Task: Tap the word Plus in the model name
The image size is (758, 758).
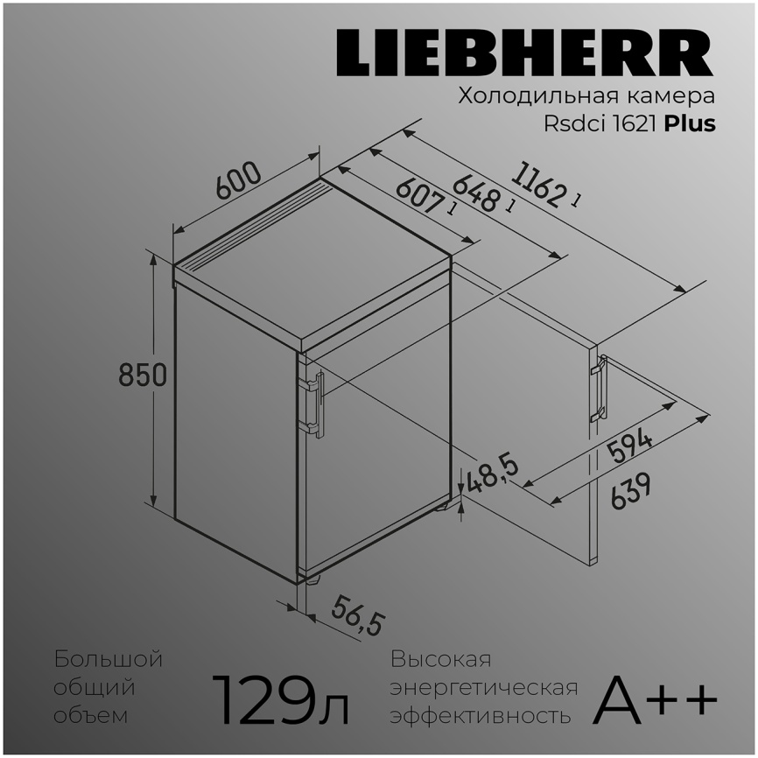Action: click(x=689, y=123)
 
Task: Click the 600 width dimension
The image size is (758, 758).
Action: click(x=238, y=182)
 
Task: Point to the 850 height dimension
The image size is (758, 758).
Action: click(x=143, y=375)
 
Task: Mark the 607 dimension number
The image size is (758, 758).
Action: click(x=420, y=198)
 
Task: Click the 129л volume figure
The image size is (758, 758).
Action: click(x=280, y=700)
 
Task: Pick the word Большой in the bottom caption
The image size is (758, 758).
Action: click(x=108, y=659)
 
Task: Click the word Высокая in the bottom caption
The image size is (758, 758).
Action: click(x=441, y=659)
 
